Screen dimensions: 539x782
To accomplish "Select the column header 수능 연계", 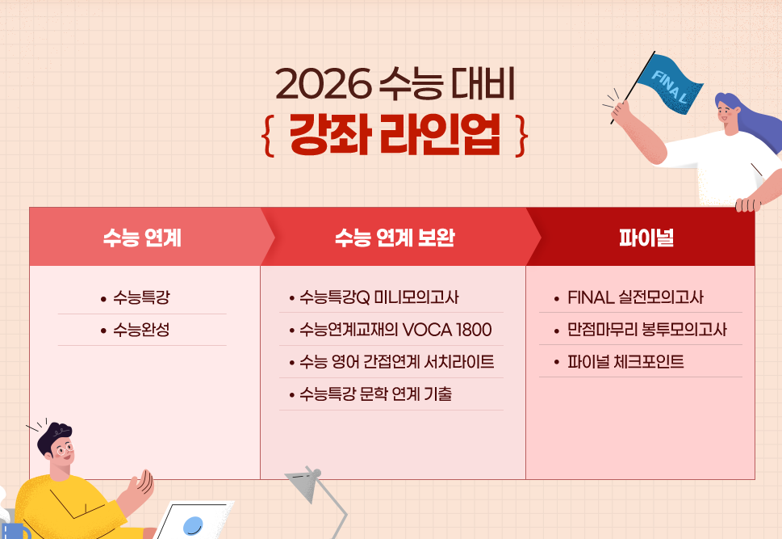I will (142, 238).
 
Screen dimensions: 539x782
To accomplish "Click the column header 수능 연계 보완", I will (395, 238).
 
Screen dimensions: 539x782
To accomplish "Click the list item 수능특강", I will (141, 297).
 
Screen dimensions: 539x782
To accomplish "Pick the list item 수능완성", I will (141, 330).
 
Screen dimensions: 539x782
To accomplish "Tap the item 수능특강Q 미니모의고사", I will (378, 297).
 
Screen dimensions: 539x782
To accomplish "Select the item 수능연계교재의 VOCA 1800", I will (395, 330).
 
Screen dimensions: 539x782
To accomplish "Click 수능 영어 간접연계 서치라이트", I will (396, 362).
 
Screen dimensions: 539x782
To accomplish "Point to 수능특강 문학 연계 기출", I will (375, 394).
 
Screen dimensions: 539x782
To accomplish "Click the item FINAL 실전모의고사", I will (635, 297).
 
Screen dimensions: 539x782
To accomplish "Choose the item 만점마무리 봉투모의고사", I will (647, 330).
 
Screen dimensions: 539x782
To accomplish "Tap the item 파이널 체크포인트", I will (625, 362).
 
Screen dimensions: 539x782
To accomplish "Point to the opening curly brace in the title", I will (269, 136).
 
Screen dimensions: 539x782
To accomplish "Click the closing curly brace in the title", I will (522, 136).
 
